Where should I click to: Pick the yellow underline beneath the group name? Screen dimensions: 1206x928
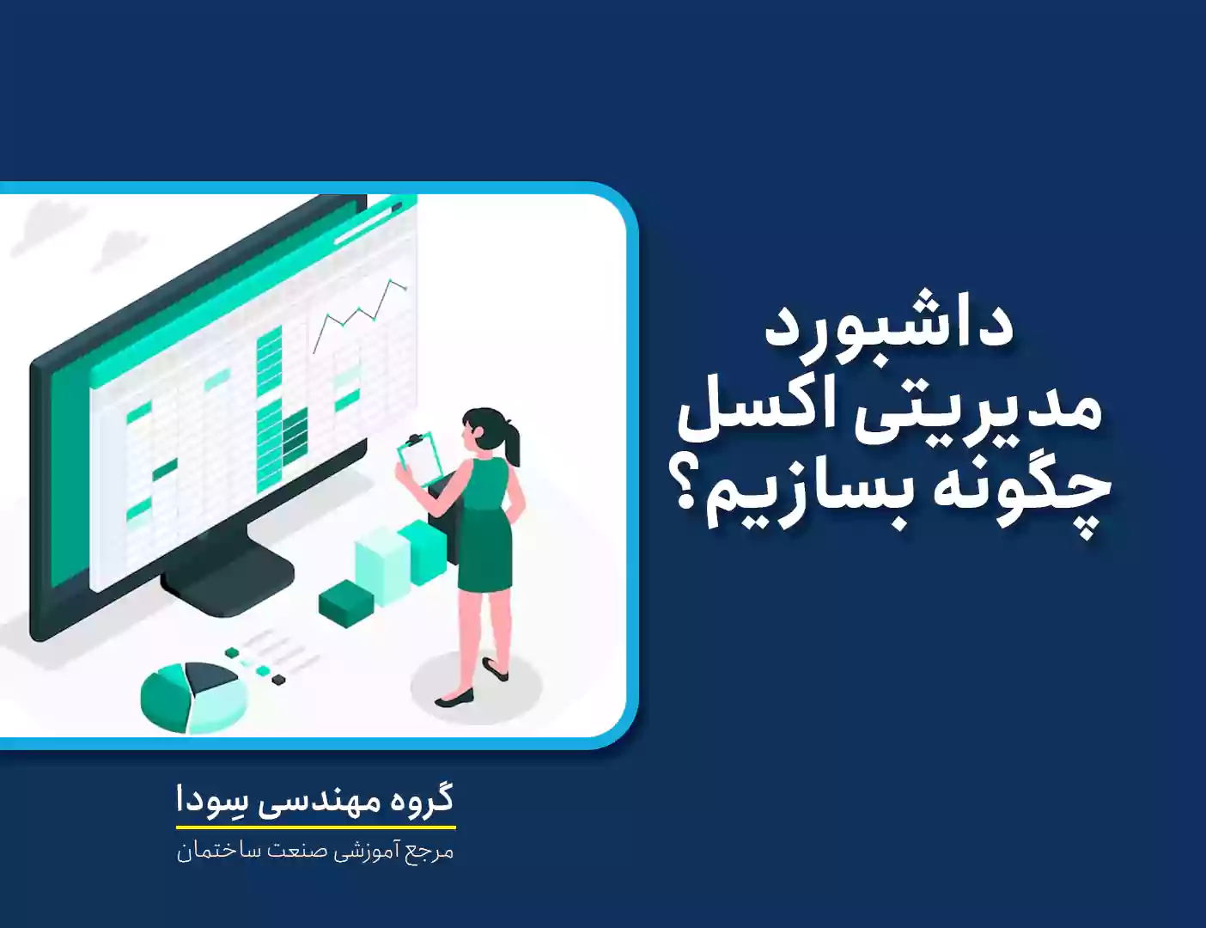coord(316,827)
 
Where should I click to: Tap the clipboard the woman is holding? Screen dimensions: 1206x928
coord(419,459)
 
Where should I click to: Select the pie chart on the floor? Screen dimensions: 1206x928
coord(193,697)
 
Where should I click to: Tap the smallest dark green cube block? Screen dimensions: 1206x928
coord(346,603)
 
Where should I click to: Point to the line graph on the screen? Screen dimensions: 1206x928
coord(361,314)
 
